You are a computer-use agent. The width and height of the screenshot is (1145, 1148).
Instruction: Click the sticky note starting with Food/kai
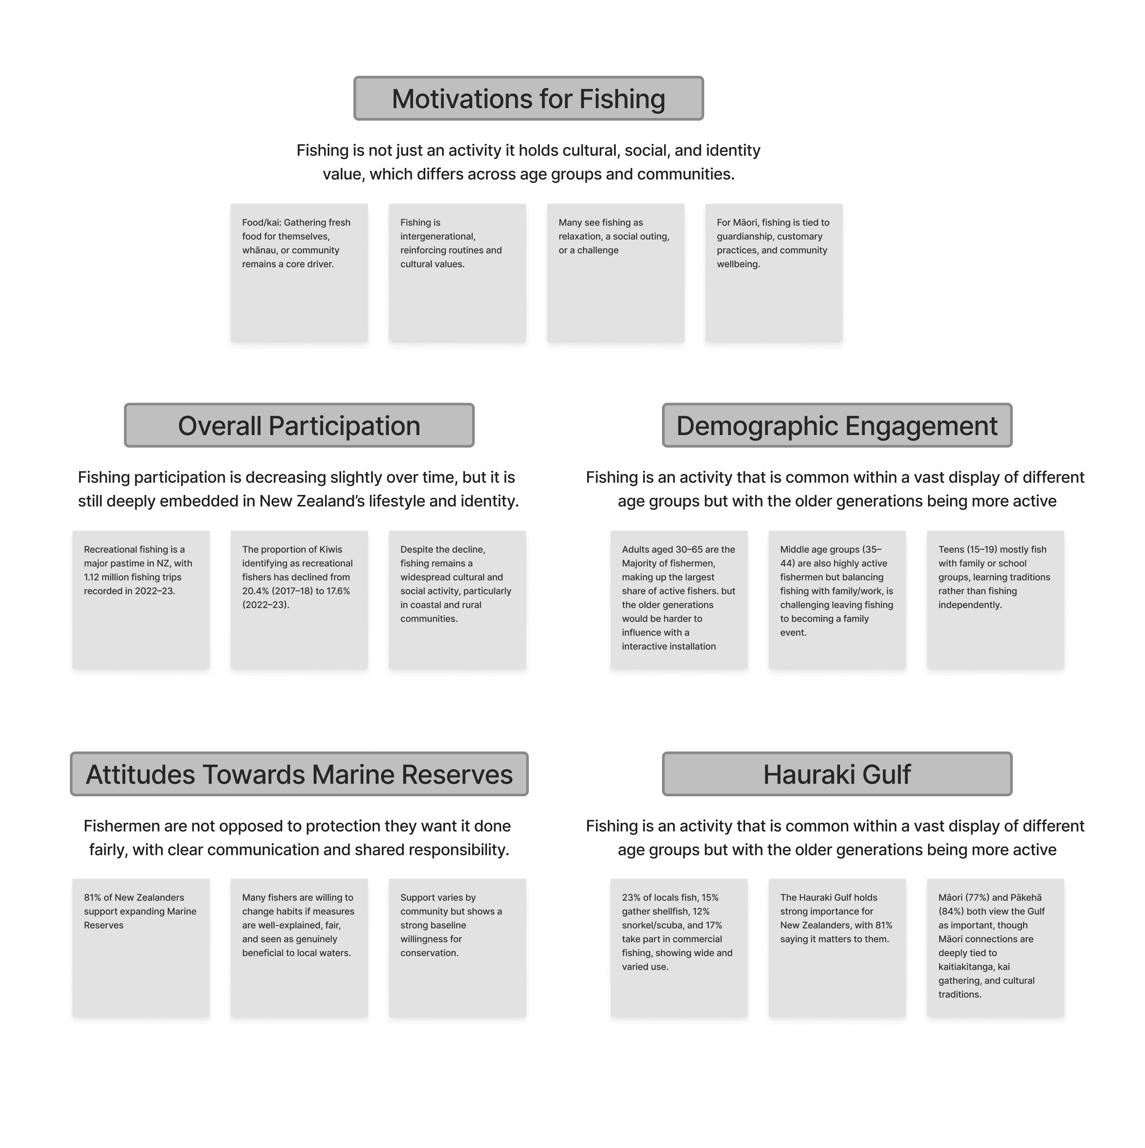pyautogui.click(x=299, y=273)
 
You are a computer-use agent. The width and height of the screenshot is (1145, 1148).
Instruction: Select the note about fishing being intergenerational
pyautogui.click(x=457, y=273)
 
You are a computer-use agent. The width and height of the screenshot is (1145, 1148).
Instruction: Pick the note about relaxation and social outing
pyautogui.click(x=615, y=273)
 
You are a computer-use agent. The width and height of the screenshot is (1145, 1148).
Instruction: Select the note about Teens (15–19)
pyautogui.click(x=995, y=600)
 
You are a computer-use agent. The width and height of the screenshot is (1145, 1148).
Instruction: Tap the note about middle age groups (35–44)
pyautogui.click(x=837, y=600)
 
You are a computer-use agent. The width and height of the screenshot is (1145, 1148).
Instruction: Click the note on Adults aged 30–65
pyautogui.click(x=679, y=600)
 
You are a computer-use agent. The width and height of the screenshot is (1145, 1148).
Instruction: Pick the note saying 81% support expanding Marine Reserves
pyautogui.click(x=141, y=948)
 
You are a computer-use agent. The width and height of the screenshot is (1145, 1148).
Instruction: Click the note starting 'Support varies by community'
pyautogui.click(x=457, y=948)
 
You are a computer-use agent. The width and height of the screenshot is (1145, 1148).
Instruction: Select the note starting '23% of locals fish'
pyautogui.click(x=679, y=948)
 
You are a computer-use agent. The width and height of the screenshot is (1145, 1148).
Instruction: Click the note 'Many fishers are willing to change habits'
pyautogui.click(x=299, y=948)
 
